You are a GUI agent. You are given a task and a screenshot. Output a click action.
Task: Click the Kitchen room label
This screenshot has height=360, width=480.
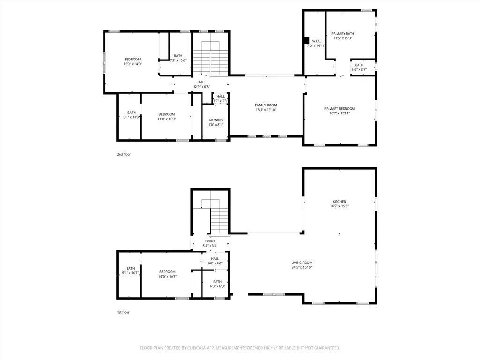coord(339,202)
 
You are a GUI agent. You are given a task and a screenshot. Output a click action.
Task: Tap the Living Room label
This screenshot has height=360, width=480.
coord(301,262)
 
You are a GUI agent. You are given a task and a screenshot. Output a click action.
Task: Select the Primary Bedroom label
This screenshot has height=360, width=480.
coord(339,109)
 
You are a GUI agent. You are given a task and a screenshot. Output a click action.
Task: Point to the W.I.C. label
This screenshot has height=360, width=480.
coord(316,41)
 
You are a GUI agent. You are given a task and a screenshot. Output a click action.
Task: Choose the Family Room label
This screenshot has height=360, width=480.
coord(266,105)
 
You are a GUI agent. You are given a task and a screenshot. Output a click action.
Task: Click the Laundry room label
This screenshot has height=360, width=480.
coord(216,120)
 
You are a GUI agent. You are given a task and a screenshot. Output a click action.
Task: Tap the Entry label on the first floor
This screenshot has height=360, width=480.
coord(210,241)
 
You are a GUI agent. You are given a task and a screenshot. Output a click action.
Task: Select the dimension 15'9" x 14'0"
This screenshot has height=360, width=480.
coord(132,64)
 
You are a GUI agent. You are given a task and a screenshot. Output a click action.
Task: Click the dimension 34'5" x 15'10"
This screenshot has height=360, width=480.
coord(301,267)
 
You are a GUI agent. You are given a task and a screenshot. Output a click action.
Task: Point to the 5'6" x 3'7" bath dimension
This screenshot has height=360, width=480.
coord(359,69)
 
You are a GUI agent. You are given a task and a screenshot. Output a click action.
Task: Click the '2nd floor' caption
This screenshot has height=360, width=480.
coord(124,154)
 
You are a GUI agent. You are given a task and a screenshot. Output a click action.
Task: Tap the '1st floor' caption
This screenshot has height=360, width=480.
coord(123,312)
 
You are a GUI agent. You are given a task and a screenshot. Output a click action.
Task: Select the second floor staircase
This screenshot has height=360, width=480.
coord(210,59)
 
